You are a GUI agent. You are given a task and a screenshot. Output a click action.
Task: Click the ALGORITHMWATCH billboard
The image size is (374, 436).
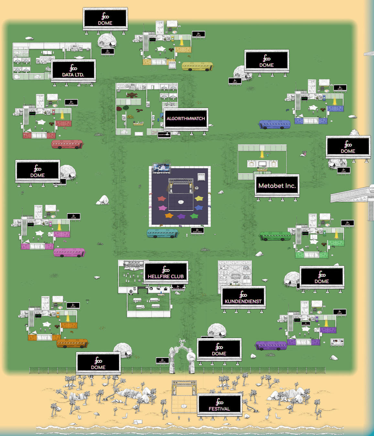coord(186,119)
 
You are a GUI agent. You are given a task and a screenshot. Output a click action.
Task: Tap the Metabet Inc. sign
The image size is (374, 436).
coord(277,185)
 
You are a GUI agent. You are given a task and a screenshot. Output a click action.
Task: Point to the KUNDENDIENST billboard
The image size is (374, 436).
coord(243,297)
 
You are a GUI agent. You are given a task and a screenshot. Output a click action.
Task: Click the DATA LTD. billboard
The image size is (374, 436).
coord(73,70)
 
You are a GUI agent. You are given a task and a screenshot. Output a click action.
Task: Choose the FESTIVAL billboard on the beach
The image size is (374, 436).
coord(219,404)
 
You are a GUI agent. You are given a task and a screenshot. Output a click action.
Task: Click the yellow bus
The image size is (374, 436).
coord(197,67)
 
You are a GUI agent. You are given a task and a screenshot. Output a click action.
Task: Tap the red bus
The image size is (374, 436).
coord(67,144)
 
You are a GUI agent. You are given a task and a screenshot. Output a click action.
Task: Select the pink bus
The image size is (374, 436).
coord(69,252)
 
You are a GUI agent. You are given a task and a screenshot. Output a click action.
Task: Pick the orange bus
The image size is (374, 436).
coord(72,343)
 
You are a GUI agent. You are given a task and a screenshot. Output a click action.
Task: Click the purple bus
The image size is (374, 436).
coord(271,346)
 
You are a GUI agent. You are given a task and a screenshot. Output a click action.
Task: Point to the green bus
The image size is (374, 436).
coord(275,236)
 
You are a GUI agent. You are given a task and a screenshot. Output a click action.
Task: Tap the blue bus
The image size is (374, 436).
coord(274,124)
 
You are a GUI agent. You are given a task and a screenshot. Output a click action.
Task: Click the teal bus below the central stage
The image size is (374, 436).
coord(162,233)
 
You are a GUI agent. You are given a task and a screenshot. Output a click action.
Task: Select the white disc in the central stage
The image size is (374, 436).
coord(181,202)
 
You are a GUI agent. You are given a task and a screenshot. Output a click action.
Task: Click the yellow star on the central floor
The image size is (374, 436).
coord(199,198)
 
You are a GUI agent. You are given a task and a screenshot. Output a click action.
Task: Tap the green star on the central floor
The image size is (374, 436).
coord(194,215)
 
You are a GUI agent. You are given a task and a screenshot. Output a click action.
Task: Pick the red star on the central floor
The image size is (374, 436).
coord(162,198)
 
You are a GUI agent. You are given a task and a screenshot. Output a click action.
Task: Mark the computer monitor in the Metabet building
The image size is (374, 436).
coord(262,164)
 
